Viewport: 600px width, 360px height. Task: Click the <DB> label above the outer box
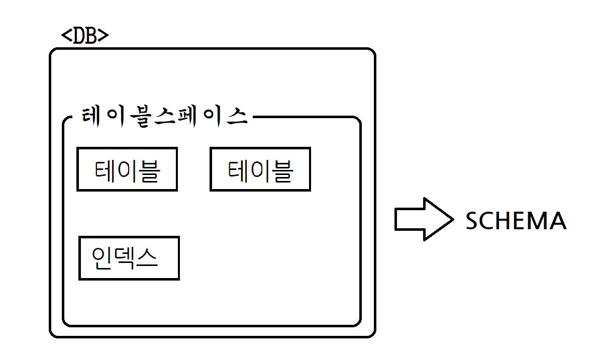pos(84,37)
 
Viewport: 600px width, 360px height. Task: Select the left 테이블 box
pos(127,169)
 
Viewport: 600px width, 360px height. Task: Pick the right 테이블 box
pos(260,169)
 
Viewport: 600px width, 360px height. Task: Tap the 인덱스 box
pos(129,258)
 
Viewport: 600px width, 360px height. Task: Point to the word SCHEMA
pos(516,221)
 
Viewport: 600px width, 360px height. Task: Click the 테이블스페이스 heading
pos(164,117)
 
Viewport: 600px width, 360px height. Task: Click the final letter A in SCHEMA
pos(557,221)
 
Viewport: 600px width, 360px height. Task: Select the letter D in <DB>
pos(78,37)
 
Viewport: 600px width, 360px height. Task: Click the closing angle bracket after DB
pos(104,37)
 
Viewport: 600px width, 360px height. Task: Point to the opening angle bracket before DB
pos(66,37)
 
